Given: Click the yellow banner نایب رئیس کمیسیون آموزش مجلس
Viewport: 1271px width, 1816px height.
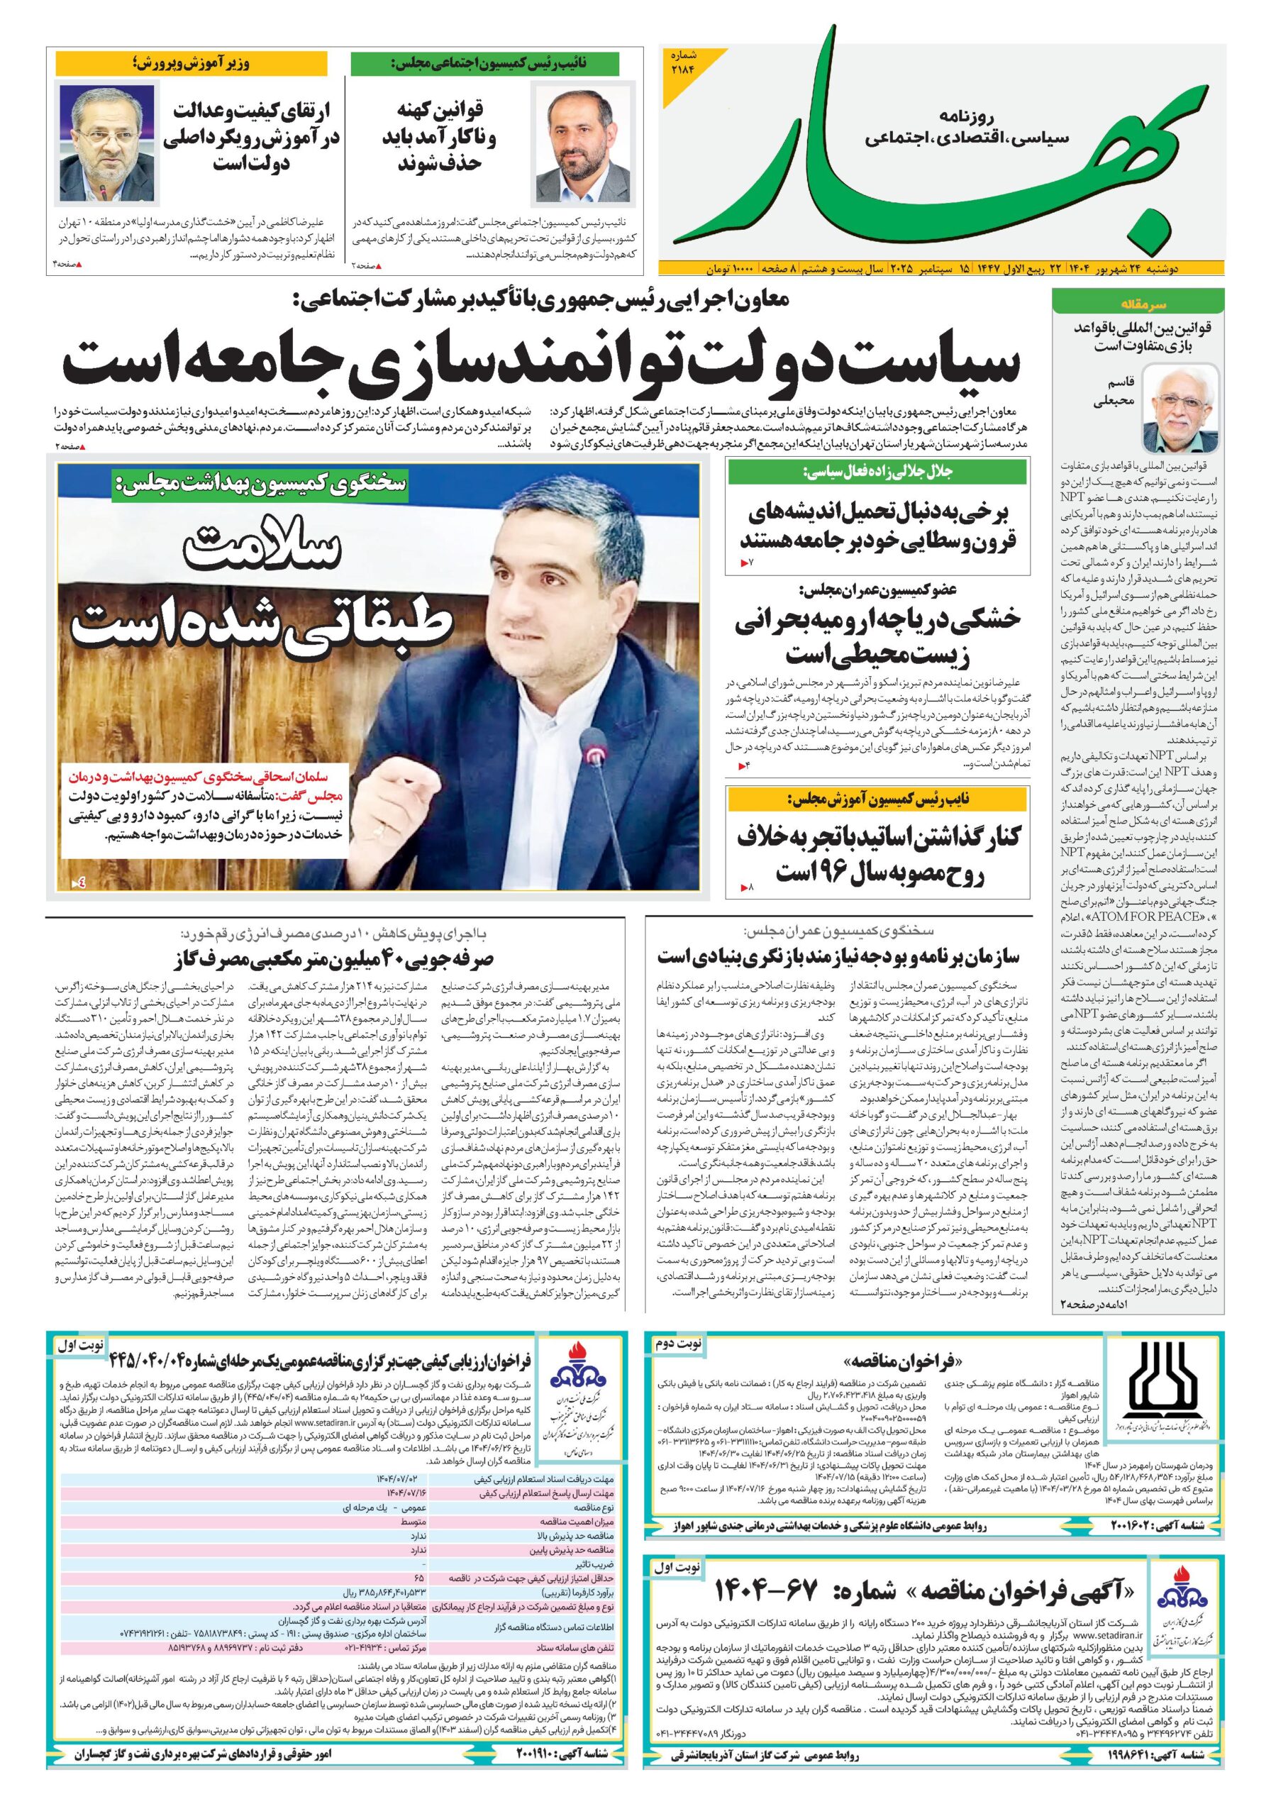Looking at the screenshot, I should (x=879, y=799).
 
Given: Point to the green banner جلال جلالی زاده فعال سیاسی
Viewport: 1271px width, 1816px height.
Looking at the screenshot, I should (x=879, y=472).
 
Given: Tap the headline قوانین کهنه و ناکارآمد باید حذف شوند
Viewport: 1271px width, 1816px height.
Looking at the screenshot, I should (x=440, y=137).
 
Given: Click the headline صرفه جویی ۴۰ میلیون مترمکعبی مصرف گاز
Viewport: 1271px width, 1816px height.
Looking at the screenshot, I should (x=332, y=958).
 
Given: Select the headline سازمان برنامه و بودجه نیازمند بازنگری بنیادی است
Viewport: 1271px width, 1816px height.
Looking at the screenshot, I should (x=838, y=956).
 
